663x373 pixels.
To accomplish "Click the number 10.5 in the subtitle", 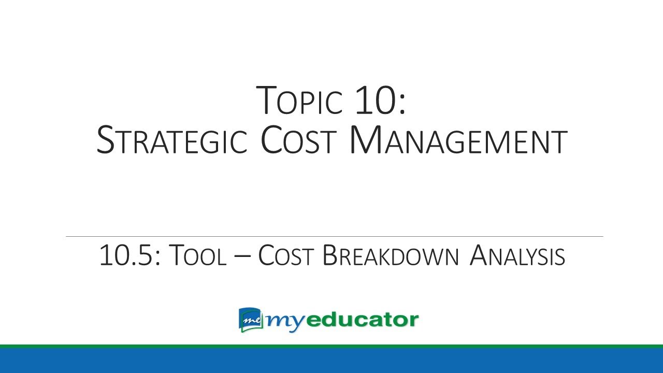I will click(130, 256).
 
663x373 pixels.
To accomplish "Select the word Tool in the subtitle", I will click(198, 256).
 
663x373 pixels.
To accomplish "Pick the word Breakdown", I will click(391, 256).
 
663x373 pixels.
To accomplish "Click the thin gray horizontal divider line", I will click(334, 237).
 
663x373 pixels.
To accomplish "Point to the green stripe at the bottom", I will click(331, 346).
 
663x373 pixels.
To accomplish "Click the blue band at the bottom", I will click(331, 361).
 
